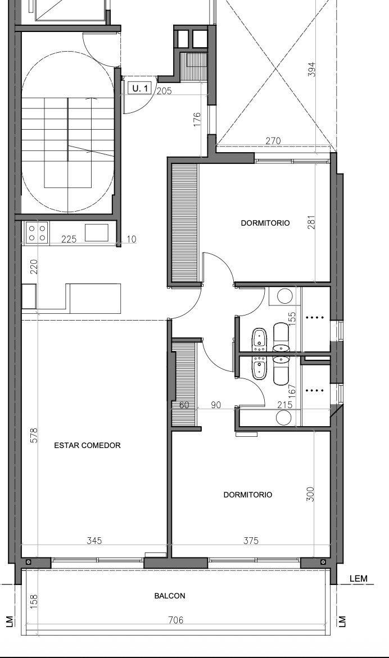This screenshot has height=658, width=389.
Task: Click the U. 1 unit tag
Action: point(140,88)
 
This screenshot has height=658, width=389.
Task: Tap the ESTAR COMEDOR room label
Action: point(87,445)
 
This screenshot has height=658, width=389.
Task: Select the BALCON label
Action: point(170,596)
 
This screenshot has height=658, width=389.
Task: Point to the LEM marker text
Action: point(358,579)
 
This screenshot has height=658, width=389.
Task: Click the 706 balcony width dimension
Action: point(175,620)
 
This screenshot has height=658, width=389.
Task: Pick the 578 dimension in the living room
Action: point(34,435)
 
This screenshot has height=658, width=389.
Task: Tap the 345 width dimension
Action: point(94,541)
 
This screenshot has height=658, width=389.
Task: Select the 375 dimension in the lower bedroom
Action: point(251,541)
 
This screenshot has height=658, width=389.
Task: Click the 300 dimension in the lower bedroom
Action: point(310,495)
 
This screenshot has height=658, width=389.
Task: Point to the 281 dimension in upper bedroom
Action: point(311,222)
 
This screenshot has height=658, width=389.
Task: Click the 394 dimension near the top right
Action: point(311,70)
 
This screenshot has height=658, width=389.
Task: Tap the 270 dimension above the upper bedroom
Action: point(273,140)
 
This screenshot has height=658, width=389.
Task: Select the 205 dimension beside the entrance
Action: point(164,90)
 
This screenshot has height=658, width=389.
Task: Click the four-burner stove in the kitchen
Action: point(37,232)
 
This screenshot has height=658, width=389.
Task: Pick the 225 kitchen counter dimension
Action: point(69,239)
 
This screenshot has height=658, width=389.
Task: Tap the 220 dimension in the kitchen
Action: point(34,267)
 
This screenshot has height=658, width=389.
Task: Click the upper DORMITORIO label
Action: point(265,223)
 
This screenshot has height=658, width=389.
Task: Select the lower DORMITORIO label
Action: point(247,495)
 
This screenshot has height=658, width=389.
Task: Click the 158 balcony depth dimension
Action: point(34,601)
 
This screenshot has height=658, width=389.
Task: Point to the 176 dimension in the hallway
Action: point(197,120)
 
